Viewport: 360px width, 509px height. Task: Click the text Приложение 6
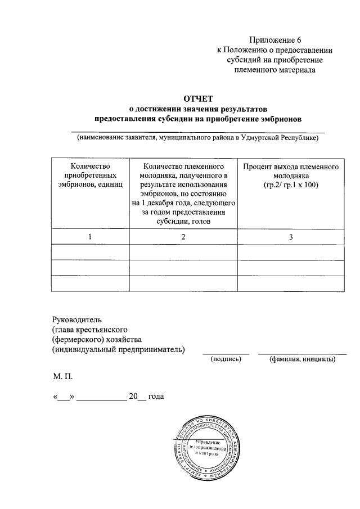coord(275,40)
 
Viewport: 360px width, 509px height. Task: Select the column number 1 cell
coord(90,237)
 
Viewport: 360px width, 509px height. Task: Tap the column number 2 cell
coord(183,237)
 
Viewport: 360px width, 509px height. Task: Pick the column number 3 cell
coord(291,237)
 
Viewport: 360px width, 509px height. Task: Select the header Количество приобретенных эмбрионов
coord(90,176)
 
